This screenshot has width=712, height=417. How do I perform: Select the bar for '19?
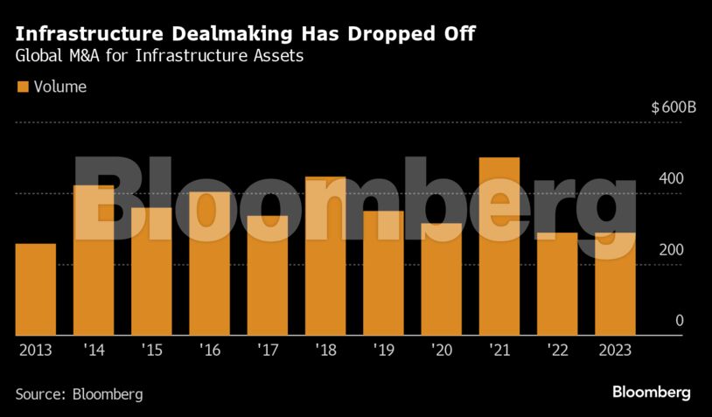pyautogui.click(x=383, y=273)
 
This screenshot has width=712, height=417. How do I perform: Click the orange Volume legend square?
pyautogui.click(x=23, y=87)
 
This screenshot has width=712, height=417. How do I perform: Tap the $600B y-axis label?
pyautogui.click(x=673, y=108)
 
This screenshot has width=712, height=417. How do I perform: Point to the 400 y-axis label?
pyautogui.click(x=671, y=178)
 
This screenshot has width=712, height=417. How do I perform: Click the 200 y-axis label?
pyautogui.click(x=671, y=250)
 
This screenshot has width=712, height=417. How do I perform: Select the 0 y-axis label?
pyautogui.click(x=679, y=321)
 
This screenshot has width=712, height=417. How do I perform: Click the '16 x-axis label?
pyautogui.click(x=209, y=350)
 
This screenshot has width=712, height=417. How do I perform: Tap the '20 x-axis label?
pyautogui.click(x=441, y=350)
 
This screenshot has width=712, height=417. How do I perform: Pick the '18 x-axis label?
pyautogui.click(x=325, y=350)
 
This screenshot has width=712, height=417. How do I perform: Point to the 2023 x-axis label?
pyautogui.click(x=615, y=350)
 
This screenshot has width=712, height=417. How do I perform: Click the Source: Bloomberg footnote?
pyautogui.click(x=79, y=393)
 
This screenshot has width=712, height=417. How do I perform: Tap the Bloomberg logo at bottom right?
pyautogui.click(x=652, y=392)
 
